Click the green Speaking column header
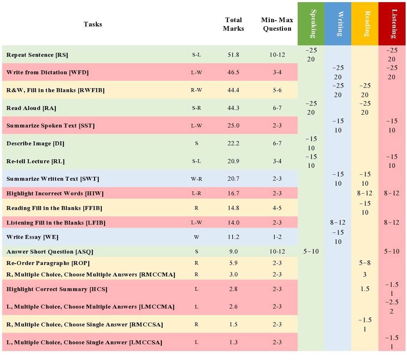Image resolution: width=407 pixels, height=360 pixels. point(311,24)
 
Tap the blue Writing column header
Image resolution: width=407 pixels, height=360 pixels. point(338,24)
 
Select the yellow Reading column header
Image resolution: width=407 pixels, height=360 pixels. point(365,24)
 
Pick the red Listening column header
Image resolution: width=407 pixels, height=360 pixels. point(392,24)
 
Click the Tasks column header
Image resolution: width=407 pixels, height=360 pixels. point(93,24)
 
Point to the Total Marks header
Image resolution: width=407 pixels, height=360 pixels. point(233,24)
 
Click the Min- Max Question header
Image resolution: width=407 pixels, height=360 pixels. point(277,24)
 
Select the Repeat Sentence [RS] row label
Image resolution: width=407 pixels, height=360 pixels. point(37,55)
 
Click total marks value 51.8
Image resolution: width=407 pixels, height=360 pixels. point(233,55)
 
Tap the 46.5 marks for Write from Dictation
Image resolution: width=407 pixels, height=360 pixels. point(233,72)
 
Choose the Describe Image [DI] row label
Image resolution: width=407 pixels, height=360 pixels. point(35,144)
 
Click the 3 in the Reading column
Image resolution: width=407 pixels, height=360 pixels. point(365,275)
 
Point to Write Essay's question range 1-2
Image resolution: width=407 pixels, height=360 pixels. point(277,237)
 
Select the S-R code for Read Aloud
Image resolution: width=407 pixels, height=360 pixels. point(197,108)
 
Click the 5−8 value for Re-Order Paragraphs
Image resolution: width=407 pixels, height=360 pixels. point(365,263)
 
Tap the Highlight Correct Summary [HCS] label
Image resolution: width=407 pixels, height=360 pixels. point(57,289)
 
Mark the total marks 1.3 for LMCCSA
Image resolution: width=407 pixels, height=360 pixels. point(233,342)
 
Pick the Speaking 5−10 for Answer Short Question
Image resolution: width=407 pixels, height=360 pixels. point(311,251)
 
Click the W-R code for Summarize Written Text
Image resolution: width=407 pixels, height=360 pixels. point(197,179)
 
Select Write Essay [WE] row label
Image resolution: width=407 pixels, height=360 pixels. point(33,237)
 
